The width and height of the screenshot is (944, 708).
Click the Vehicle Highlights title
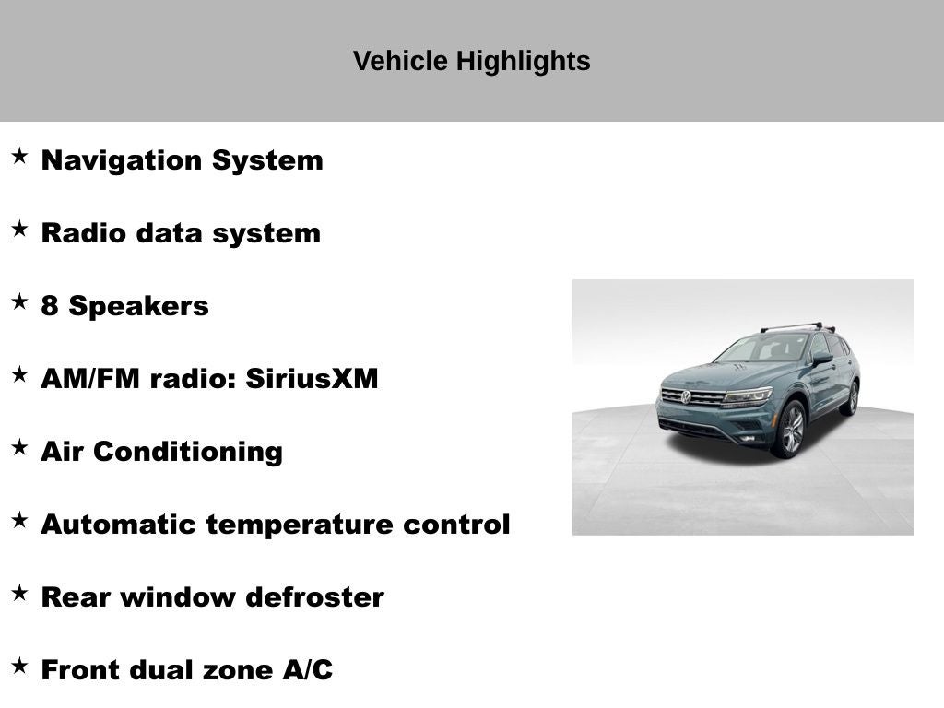(471, 62)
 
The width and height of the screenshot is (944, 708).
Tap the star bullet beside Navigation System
(19, 156)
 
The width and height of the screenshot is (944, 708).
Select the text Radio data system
(181, 233)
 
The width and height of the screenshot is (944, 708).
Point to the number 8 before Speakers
(50, 306)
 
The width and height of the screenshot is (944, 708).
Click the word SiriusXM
(312, 379)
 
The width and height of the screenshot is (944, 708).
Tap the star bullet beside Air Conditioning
(19, 447)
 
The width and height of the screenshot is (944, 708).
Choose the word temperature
(301, 525)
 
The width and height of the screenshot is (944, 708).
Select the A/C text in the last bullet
(308, 670)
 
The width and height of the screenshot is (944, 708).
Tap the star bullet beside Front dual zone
(19, 666)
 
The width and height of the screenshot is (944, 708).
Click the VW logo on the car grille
(686, 397)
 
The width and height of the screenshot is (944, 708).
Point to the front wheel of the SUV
(791, 430)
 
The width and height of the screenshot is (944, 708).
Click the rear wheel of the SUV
(851, 398)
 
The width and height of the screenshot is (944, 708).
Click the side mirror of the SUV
(820, 360)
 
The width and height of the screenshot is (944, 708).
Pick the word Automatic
(119, 525)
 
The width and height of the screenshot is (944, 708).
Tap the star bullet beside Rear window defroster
(19, 593)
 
